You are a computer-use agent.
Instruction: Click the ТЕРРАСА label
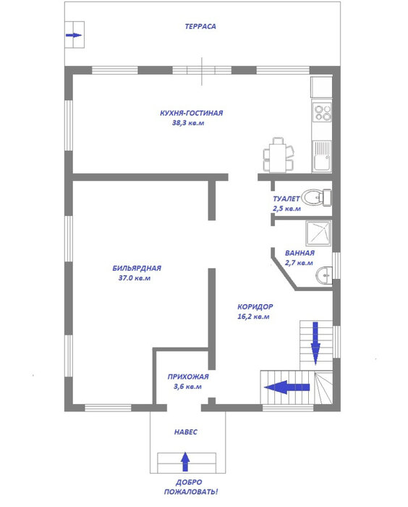200,27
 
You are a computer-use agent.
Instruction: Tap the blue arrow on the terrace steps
74,35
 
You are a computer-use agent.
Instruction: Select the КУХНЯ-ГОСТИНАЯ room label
191,113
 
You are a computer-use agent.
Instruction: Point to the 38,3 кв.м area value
188,123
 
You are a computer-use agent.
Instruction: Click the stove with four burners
322,112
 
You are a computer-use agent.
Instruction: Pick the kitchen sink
322,156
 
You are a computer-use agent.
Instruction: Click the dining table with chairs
279,155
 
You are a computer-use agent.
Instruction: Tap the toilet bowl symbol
316,197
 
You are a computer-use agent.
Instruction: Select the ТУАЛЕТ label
286,199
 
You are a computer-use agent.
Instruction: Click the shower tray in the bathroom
318,232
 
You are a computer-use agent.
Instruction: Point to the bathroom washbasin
324,275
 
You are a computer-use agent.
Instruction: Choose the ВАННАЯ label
299,253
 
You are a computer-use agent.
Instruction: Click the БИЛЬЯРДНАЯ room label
137,269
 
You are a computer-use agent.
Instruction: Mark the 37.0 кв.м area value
135,278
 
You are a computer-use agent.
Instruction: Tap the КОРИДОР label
255,307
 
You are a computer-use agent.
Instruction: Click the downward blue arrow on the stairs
315,343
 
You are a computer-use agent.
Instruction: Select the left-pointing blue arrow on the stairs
287,387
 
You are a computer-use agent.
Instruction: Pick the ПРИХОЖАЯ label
188,377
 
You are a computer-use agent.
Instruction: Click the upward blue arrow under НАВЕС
184,461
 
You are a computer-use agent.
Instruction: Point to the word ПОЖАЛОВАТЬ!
190,492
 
